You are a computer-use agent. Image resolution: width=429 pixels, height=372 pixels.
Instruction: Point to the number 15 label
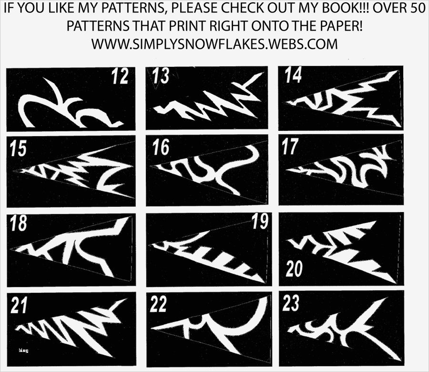pos(18,149)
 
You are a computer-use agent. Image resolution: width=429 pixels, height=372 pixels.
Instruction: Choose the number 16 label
pos(161,147)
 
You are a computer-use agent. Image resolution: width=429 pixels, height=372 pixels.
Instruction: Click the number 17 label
pos(290,146)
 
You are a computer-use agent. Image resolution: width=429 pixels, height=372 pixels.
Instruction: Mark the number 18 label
pos(19,223)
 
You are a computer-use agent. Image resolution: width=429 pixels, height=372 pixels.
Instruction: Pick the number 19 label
pos(260,221)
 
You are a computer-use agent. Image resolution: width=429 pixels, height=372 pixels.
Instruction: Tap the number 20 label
pos(294,269)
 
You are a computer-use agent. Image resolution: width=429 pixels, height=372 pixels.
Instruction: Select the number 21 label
pos(19,306)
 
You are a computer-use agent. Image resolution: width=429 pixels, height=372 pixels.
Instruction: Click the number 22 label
pos(158,304)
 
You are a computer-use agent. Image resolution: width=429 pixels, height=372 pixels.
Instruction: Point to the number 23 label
pos(291,303)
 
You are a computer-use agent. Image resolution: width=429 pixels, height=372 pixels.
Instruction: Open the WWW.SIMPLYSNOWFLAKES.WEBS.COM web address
pos(214,44)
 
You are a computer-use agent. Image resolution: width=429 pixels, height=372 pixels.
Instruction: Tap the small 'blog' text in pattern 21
pos(23,351)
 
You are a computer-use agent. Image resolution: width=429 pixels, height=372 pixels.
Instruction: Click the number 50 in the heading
pos(417,8)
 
